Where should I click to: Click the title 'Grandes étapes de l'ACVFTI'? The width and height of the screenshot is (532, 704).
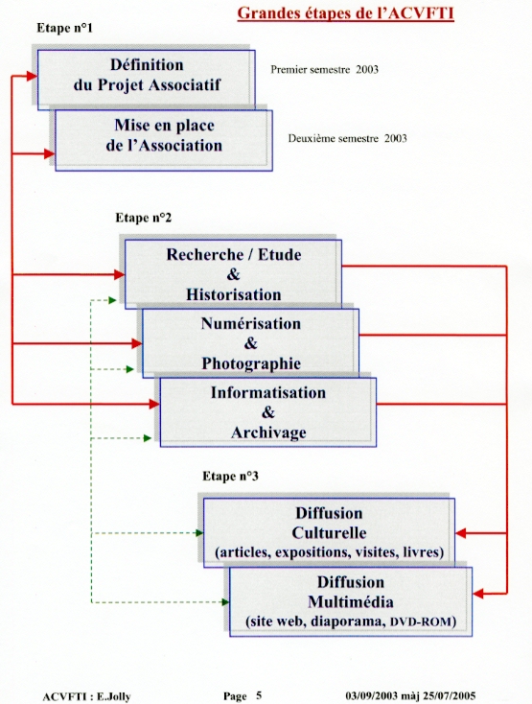click(x=345, y=13)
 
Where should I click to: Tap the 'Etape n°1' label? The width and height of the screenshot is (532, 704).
click(x=64, y=28)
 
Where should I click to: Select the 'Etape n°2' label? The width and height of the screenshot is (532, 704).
click(x=144, y=218)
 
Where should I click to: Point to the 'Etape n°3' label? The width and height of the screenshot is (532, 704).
click(x=230, y=476)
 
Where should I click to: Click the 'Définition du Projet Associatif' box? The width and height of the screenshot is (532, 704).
click(x=147, y=80)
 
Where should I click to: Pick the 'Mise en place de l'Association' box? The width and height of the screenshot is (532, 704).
click(x=164, y=140)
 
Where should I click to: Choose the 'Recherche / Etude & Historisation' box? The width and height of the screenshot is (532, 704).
click(x=233, y=274)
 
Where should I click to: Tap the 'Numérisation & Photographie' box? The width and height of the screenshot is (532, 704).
click(x=251, y=343)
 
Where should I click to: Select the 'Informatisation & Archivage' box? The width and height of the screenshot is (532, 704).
click(x=268, y=412)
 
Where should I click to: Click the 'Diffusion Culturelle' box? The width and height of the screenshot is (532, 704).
click(x=329, y=532)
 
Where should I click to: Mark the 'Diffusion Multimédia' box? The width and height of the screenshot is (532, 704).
click(x=351, y=601)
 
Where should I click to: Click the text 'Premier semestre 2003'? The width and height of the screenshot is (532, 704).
click(x=324, y=70)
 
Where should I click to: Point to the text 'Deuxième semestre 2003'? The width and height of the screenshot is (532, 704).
click(x=347, y=138)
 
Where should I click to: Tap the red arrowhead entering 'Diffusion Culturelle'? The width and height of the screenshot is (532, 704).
click(x=461, y=533)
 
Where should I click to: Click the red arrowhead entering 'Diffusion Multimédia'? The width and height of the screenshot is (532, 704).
click(x=478, y=594)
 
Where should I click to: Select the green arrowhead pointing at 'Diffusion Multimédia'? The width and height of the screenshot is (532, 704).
click(x=225, y=602)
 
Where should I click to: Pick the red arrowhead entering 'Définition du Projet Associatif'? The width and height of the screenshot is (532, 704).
click(x=32, y=77)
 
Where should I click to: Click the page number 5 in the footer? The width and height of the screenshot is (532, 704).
click(x=259, y=695)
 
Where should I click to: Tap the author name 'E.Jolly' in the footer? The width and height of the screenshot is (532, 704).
click(x=113, y=697)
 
